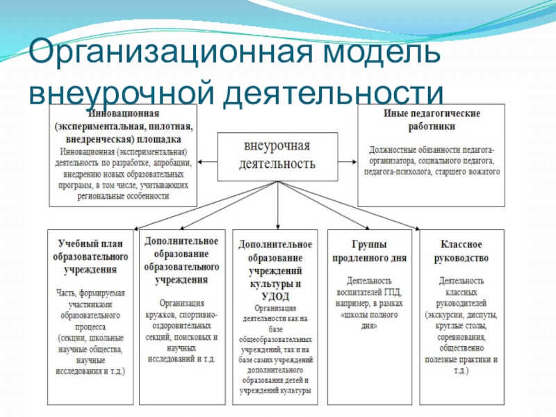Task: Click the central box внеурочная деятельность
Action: click(x=277, y=156)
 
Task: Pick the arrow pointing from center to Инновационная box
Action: click(x=207, y=161)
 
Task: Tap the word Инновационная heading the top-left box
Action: click(x=122, y=114)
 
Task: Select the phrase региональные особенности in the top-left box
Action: click(x=122, y=197)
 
